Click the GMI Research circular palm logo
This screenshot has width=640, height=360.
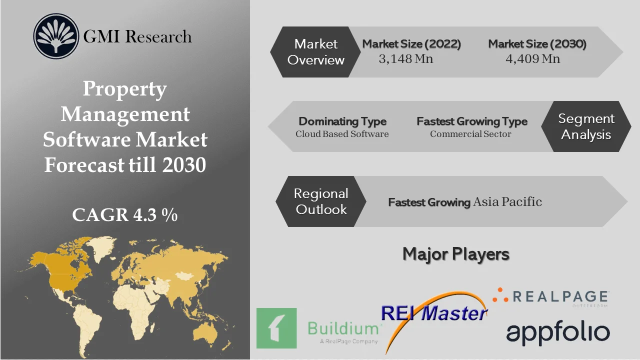click(56, 36)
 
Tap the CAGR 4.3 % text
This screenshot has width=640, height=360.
click(125, 214)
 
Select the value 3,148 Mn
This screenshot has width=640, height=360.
click(406, 59)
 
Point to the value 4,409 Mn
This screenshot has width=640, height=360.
click(533, 59)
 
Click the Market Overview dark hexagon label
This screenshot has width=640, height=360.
click(316, 52)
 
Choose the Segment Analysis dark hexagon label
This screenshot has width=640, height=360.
click(586, 126)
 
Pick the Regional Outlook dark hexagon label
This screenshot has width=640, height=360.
click(321, 201)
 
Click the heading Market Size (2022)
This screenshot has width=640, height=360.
click(411, 44)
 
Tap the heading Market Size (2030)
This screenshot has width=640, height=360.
click(537, 44)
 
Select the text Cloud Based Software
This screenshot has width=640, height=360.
click(342, 134)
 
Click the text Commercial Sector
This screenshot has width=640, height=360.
click(470, 134)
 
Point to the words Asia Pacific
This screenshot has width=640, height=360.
click(507, 202)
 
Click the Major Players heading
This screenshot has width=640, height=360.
click(456, 254)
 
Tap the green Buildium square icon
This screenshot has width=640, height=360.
click(276, 328)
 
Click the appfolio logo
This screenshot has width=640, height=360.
click(558, 333)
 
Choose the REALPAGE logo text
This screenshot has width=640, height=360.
click(559, 296)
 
